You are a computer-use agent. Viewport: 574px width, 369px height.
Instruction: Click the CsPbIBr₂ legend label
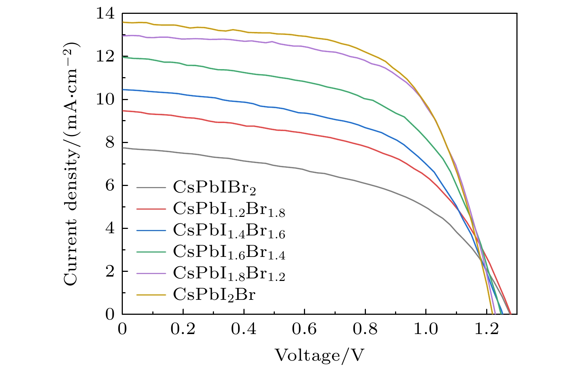coord(215,188)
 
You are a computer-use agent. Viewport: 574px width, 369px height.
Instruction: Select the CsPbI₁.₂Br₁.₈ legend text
coord(229,209)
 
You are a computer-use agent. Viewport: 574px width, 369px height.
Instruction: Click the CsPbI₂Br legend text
coord(214,294)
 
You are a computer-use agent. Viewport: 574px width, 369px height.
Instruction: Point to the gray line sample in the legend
coord(151,188)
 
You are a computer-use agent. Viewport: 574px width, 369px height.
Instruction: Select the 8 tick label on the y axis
coord(110,143)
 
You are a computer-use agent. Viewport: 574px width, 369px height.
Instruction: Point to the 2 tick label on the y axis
coord(110,271)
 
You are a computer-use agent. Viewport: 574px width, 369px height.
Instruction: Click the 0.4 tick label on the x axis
coord(244,329)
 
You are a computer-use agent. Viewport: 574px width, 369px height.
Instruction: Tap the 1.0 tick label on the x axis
coord(426,329)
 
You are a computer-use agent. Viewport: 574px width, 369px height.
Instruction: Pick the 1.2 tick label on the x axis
coord(487,329)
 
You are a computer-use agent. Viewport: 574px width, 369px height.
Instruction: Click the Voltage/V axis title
coord(319,355)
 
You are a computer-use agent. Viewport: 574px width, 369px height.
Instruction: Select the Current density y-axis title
coord(71,164)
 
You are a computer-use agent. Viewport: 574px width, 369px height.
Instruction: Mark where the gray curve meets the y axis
coord(123,148)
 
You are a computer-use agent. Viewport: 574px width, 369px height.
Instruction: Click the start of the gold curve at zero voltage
coord(123,22)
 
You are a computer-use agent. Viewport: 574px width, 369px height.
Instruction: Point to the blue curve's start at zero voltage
coord(123,90)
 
